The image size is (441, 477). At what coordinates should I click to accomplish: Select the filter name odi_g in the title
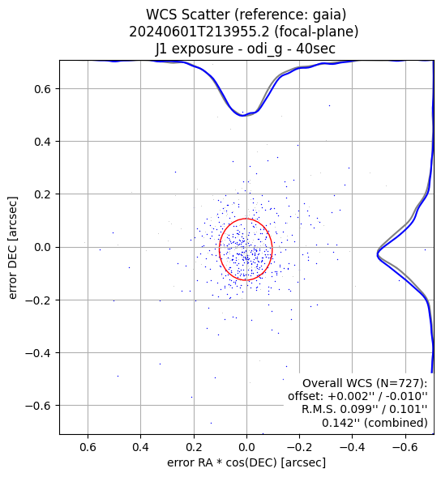[264, 49]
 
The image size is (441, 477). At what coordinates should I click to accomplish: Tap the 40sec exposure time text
[316, 49]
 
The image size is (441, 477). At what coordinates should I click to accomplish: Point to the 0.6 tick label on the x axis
[88, 447]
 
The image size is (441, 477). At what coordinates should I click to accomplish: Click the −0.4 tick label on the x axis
[353, 447]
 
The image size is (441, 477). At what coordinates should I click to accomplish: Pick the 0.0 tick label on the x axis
[246, 447]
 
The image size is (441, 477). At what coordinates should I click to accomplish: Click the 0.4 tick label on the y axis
[43, 142]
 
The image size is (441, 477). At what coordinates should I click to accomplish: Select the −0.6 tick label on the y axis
[38, 406]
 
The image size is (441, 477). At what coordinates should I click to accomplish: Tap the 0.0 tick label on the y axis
[43, 247]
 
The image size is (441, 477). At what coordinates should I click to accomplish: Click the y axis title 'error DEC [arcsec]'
[12, 248]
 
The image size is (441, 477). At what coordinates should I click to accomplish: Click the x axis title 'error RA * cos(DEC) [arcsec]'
[246, 462]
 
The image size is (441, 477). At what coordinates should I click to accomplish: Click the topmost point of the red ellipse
[246, 219]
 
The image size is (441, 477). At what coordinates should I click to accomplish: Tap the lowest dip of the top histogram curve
[242, 116]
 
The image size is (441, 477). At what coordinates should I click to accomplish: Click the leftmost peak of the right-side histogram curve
[377, 253]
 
